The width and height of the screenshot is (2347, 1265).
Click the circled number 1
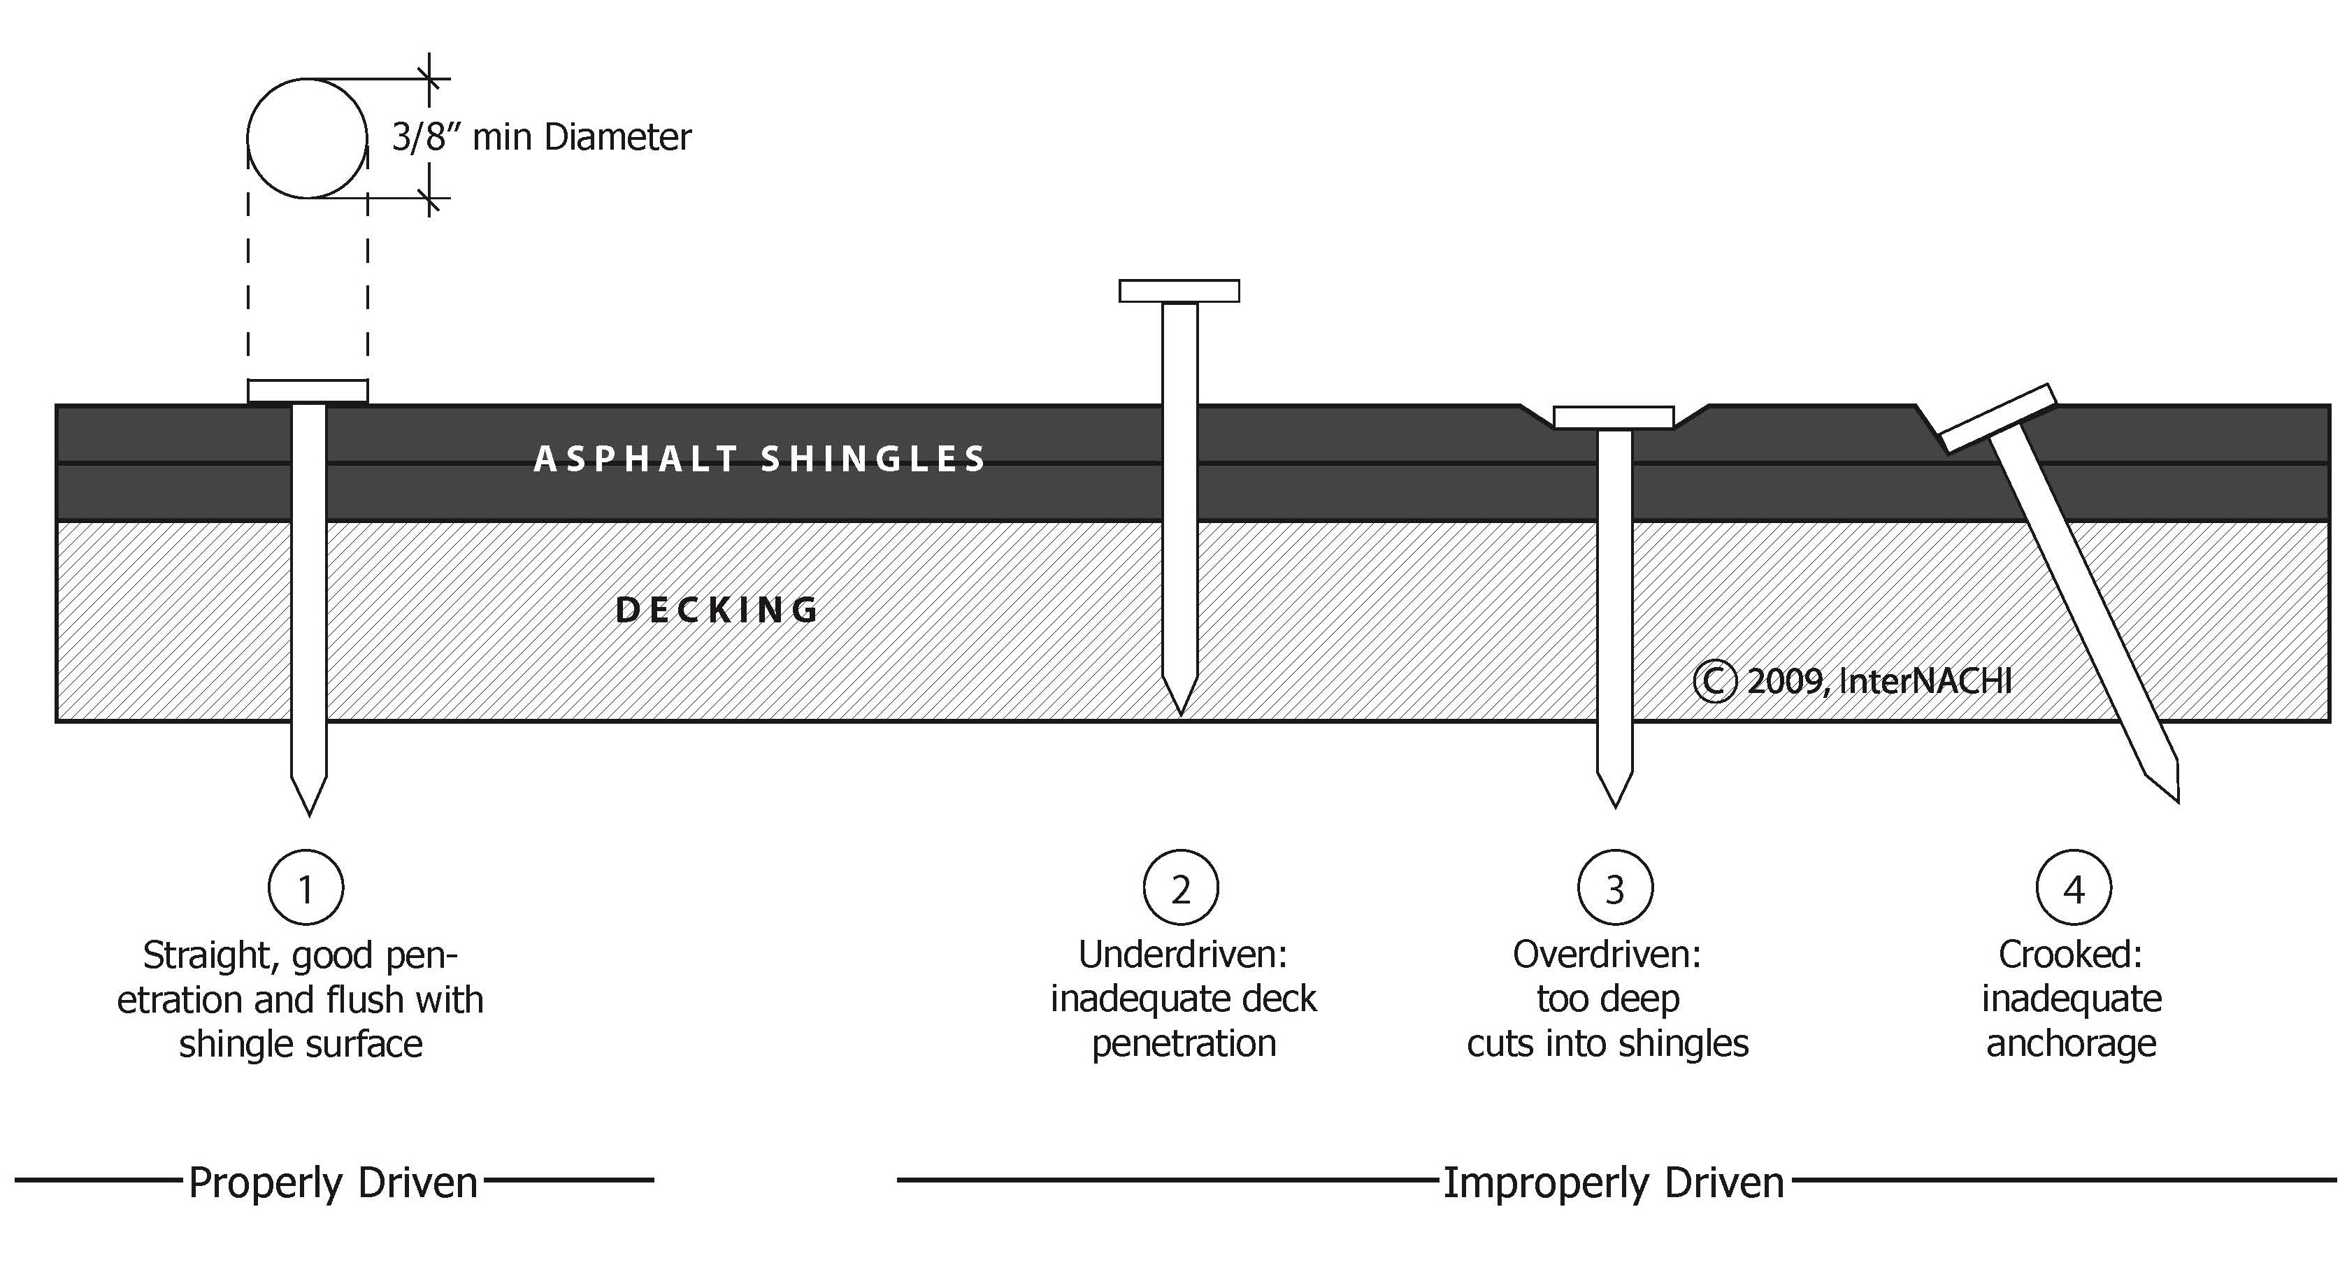pyautogui.click(x=306, y=887)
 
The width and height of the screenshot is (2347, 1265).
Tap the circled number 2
pyautogui.click(x=1181, y=887)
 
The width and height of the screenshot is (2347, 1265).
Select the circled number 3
pyautogui.click(x=1614, y=887)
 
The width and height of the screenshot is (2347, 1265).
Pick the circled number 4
pyautogui.click(x=2074, y=887)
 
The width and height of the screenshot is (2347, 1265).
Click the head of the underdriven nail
pyautogui.click(x=1179, y=291)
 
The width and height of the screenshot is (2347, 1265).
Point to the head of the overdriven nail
pyautogui.click(x=1614, y=417)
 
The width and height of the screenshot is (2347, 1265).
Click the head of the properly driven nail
pyautogui.click(x=308, y=391)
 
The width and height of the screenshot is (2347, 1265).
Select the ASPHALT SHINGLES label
pyautogui.click(x=759, y=459)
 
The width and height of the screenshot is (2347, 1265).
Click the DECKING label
pyautogui.click(x=718, y=610)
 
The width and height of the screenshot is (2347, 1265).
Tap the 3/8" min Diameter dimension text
pyautogui.click(x=541, y=138)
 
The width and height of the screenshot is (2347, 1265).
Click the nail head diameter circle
pyautogui.click(x=308, y=138)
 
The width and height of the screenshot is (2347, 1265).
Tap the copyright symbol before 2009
pyautogui.click(x=1714, y=682)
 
